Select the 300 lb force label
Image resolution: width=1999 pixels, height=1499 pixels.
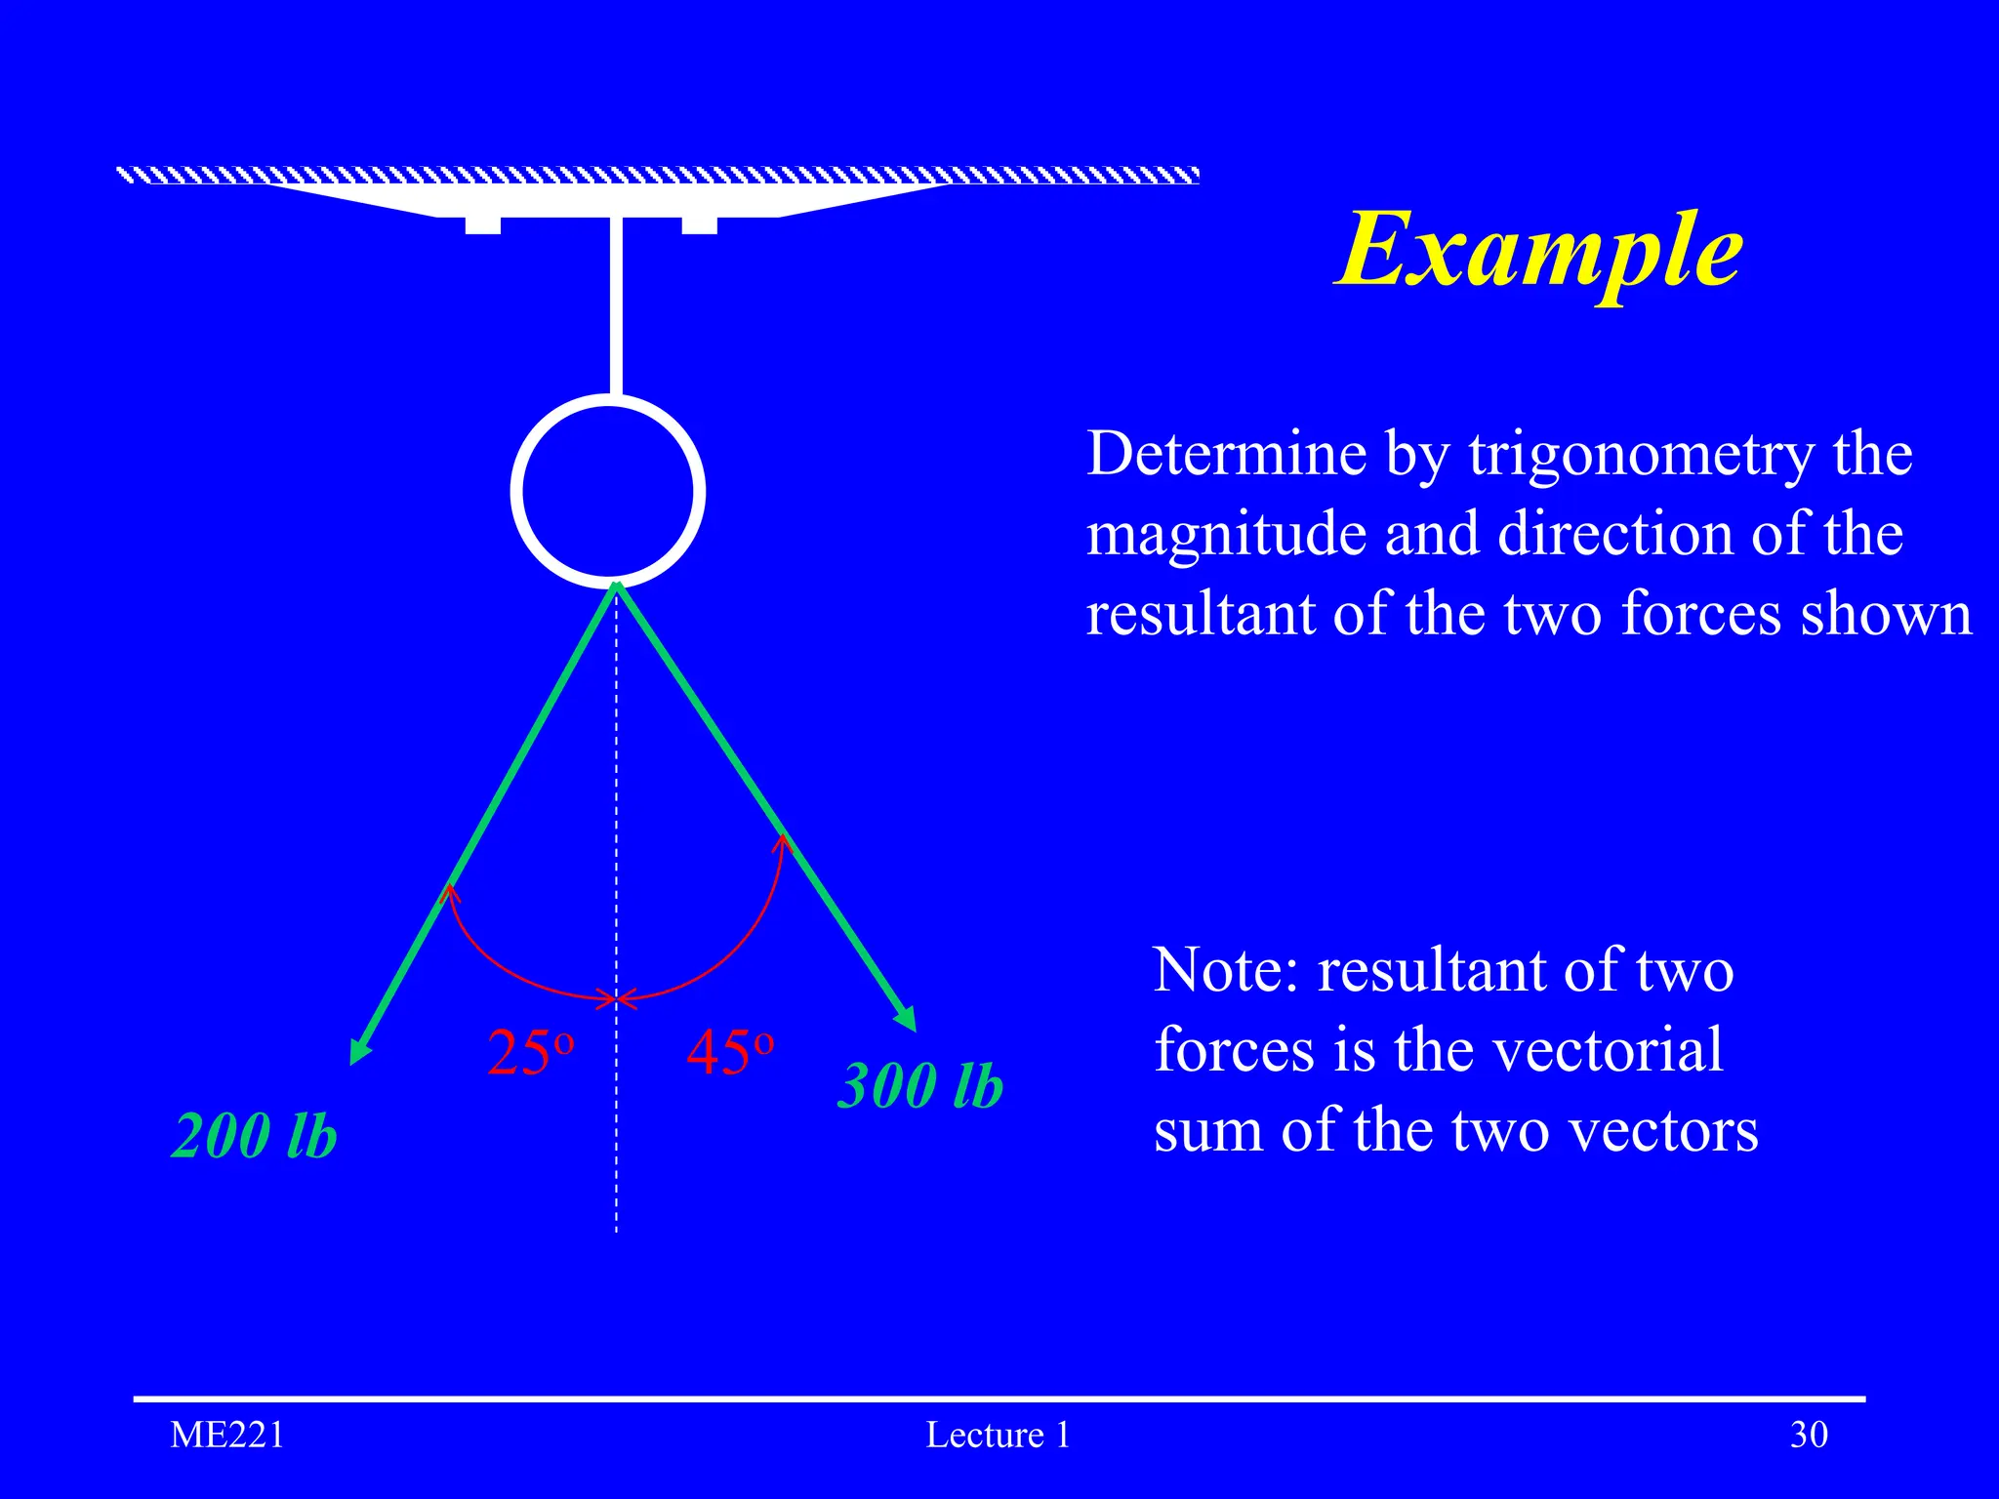pyautogui.click(x=920, y=1085)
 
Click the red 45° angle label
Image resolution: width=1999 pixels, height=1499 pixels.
pyautogui.click(x=730, y=1053)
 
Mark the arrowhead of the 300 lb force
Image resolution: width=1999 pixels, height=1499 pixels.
pyautogui.click(x=907, y=1020)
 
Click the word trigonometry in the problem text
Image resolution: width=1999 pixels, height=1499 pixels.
pyautogui.click(x=1641, y=455)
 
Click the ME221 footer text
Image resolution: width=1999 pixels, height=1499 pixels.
pyautogui.click(x=227, y=1435)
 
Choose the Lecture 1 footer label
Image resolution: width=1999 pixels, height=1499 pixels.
pyautogui.click(x=998, y=1435)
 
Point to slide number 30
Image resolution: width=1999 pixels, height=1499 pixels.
pyautogui.click(x=1809, y=1435)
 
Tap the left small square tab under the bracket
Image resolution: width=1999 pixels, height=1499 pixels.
pyautogui.click(x=483, y=225)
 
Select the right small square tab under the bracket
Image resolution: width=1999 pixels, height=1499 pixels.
pyautogui.click(x=699, y=225)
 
